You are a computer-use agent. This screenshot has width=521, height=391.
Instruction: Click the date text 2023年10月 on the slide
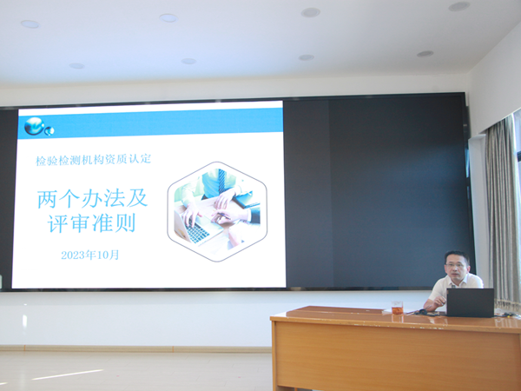90,255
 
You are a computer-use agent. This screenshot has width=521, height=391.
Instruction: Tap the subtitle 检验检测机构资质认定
94,160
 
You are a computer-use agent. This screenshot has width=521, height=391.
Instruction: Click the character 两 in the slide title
48,199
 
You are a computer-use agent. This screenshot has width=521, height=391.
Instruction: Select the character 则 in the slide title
125,223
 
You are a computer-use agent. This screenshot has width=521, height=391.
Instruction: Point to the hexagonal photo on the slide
217,211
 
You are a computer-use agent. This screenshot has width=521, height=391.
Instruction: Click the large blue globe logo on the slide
34,126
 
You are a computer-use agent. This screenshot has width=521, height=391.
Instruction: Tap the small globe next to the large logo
49,131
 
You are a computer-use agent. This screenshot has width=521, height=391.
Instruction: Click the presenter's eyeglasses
456,265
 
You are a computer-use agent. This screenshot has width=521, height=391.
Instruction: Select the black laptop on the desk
470,302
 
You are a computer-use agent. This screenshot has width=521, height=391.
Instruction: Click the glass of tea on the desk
397,308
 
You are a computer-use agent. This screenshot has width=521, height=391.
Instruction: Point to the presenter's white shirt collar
458,282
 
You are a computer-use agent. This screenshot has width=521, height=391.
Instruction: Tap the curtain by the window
501,213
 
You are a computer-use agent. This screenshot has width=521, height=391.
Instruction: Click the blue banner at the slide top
150,123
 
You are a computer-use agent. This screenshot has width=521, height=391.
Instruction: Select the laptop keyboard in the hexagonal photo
197,232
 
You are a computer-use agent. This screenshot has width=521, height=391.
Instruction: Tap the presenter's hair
458,256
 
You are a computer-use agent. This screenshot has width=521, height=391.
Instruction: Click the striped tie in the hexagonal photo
222,181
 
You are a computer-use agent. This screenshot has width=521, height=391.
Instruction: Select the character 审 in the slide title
81,223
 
